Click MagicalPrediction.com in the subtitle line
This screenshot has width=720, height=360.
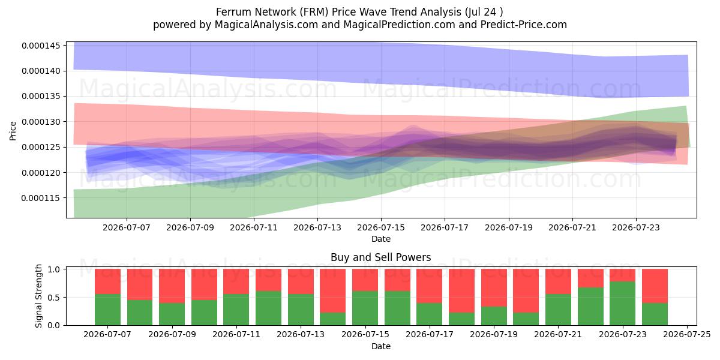[x=399, y=25]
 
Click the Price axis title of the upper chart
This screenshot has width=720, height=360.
[x=13, y=131]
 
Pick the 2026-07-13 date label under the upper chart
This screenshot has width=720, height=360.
[x=317, y=227]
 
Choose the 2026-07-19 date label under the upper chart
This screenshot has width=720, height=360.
[x=509, y=227]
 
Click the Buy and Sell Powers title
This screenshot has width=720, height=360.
[x=381, y=257]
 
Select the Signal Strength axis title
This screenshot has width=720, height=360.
[x=38, y=296]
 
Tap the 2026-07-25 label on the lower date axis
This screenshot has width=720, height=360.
[x=687, y=335]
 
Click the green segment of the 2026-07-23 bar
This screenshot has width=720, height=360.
[x=622, y=304]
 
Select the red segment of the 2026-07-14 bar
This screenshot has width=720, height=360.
[x=332, y=291]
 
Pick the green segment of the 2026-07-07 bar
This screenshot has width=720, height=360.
[x=107, y=310]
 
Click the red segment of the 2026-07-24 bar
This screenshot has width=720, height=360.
[x=655, y=286]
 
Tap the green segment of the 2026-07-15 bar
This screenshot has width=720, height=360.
[x=365, y=308]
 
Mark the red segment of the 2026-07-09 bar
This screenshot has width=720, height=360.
[x=172, y=286]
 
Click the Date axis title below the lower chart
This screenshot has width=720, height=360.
[x=381, y=346]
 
